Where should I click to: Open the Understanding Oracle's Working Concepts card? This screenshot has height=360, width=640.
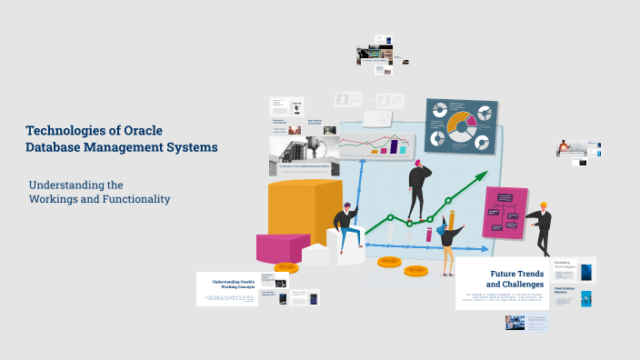tap(226, 285)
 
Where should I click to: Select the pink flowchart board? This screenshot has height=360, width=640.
tap(505, 212)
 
